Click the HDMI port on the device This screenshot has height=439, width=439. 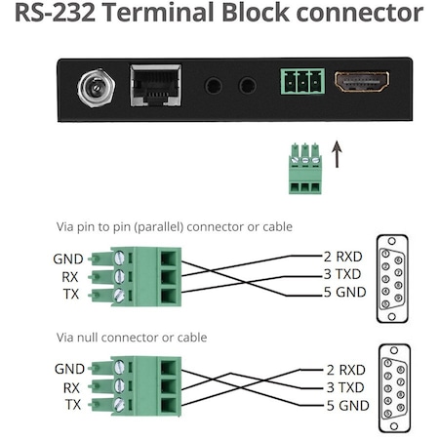coord(361,82)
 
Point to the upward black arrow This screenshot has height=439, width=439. coord(338,153)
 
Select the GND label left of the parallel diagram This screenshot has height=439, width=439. coord(69,259)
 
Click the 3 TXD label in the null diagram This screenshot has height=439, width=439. coord(343,387)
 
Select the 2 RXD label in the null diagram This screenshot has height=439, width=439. coord(343,370)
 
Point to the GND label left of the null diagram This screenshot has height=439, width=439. coord(69,369)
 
